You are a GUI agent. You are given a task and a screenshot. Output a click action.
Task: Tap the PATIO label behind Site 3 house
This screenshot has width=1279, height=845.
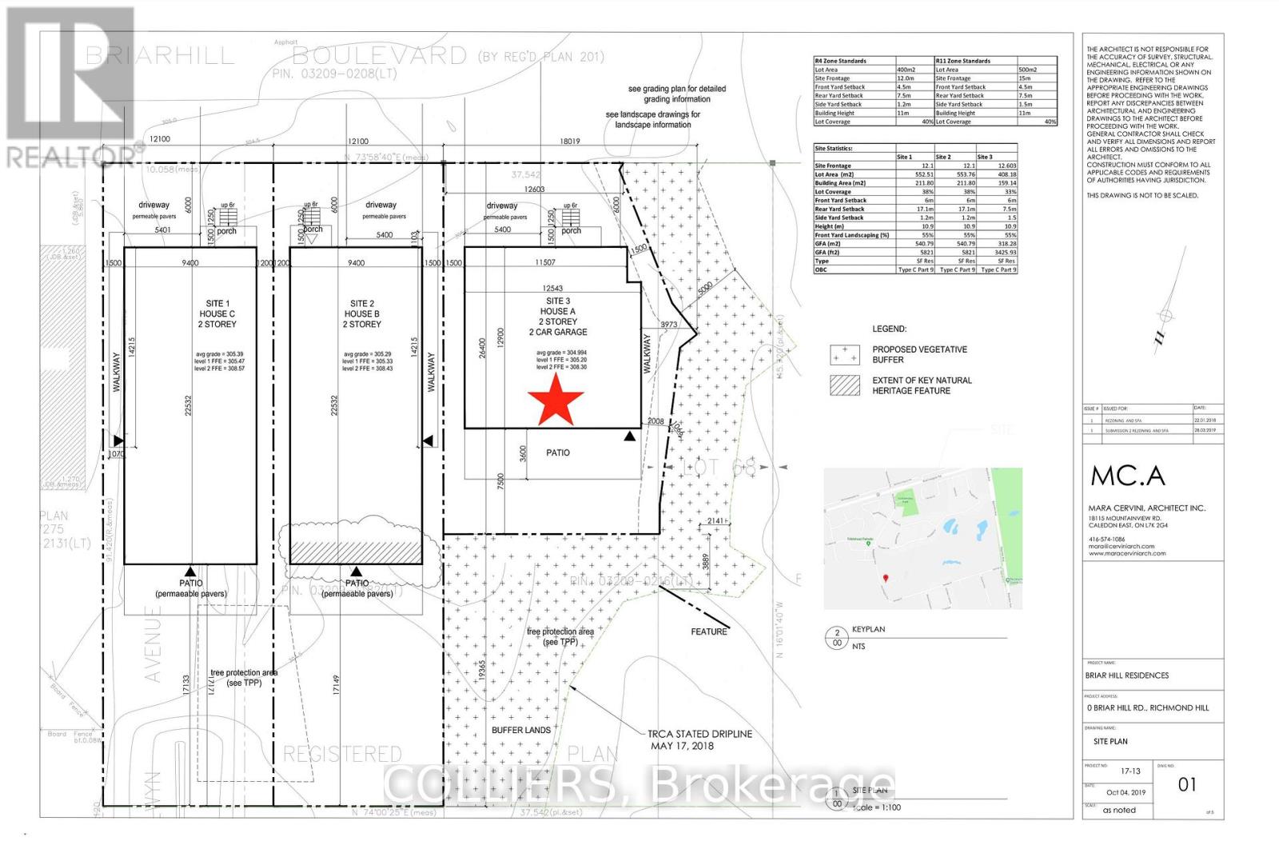pyautogui.click(x=558, y=452)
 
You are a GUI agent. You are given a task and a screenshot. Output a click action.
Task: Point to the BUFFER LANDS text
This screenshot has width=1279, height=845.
pyautogui.click(x=521, y=730)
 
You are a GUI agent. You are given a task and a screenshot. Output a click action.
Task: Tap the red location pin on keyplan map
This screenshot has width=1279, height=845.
pyautogui.click(x=885, y=579)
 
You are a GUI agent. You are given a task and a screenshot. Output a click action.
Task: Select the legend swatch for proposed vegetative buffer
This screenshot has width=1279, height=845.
pyautogui.click(x=844, y=354)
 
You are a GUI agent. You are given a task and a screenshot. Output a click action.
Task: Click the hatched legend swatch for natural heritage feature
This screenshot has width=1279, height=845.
pyautogui.click(x=844, y=385)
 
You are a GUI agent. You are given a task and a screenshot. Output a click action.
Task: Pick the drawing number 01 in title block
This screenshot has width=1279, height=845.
pyautogui.click(x=1187, y=784)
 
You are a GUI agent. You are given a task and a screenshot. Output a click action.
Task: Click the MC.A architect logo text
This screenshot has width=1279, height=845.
pyautogui.click(x=1127, y=476)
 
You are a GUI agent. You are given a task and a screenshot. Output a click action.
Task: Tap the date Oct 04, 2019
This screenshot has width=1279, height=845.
pyautogui.click(x=1126, y=792)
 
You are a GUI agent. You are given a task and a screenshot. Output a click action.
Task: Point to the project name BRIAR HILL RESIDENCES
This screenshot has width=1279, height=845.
pyautogui.click(x=1126, y=676)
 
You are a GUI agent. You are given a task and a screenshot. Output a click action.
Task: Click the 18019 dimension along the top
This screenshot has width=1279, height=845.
pyautogui.click(x=570, y=141)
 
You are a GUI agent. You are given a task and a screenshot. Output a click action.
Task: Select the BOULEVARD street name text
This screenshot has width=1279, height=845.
pyautogui.click(x=379, y=56)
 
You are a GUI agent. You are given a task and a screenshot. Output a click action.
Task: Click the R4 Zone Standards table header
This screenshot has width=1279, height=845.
pyautogui.click(x=840, y=61)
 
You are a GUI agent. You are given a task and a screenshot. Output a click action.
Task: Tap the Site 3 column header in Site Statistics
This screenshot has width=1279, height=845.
pyautogui.click(x=985, y=157)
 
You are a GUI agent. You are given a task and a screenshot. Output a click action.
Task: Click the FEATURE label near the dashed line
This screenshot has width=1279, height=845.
pyautogui.click(x=709, y=632)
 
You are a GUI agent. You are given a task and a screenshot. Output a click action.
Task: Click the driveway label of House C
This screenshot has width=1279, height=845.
pyautogui.click(x=153, y=205)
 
